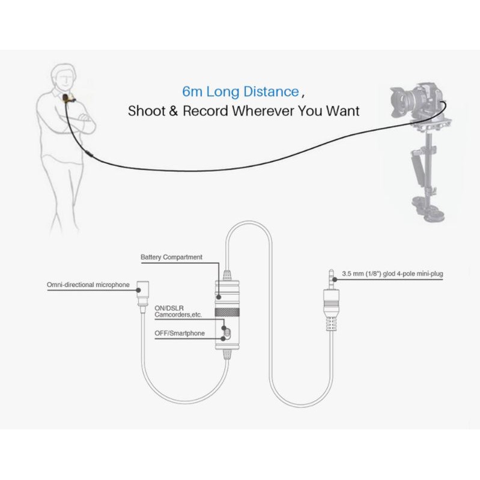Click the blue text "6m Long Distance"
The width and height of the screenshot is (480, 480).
point(241,91)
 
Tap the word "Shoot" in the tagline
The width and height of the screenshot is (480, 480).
point(147,111)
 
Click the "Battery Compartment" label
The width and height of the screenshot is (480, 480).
point(171,257)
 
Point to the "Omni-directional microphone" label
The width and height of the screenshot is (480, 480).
point(88,285)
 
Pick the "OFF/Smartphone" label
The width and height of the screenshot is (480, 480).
point(180,333)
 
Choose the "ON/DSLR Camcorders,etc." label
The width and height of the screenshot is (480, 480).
point(178,311)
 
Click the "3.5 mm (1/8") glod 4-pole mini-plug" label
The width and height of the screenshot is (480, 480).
point(392,274)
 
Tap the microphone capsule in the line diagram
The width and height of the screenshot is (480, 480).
point(142,293)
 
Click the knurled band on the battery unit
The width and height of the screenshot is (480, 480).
point(227,312)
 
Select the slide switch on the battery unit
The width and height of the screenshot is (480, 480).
point(226,333)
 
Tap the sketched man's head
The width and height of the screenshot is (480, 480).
point(64,76)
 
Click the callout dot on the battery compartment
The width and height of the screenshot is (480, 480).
point(219,297)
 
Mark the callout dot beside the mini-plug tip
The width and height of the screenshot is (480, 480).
point(335,279)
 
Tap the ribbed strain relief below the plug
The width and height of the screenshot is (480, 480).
point(331,324)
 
